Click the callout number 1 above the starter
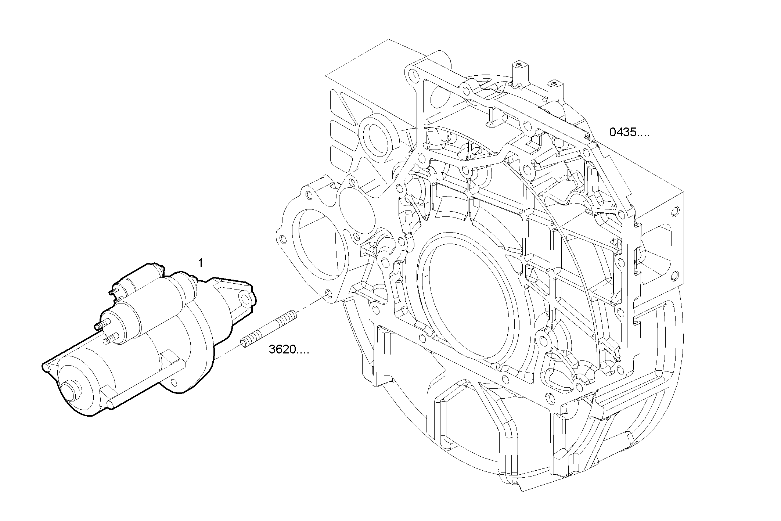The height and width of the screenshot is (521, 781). (200, 263)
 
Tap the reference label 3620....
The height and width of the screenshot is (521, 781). (288, 349)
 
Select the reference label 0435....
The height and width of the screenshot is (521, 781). (629, 132)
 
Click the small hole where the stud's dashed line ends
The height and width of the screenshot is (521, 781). (328, 294)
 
